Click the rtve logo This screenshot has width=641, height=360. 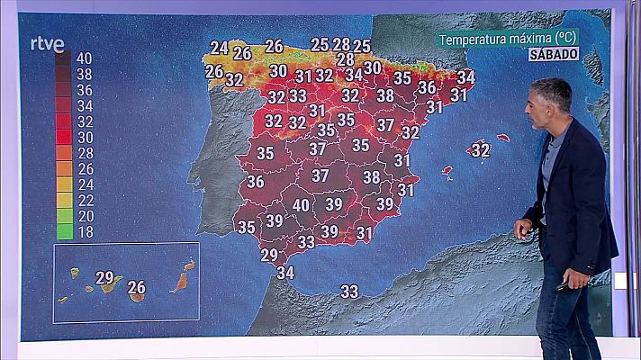[x=47, y=44]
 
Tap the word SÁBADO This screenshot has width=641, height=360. [x=553, y=54]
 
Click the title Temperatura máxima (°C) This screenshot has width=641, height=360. [x=508, y=39]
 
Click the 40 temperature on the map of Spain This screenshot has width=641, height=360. [x=301, y=205]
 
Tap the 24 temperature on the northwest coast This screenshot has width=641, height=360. [x=219, y=48]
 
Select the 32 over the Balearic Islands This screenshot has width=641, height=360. [x=481, y=150]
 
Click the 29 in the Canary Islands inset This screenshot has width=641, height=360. [x=104, y=277]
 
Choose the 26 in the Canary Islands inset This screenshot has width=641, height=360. [x=136, y=288]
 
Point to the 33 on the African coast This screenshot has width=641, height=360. [x=349, y=291]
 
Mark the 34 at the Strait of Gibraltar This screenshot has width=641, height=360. [x=285, y=272]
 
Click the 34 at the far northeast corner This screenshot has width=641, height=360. [x=466, y=77]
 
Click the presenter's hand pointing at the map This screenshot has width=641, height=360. [x=523, y=229]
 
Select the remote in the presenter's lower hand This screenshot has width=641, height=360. [x=563, y=286]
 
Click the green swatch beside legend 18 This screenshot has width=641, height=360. [x=64, y=231]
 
